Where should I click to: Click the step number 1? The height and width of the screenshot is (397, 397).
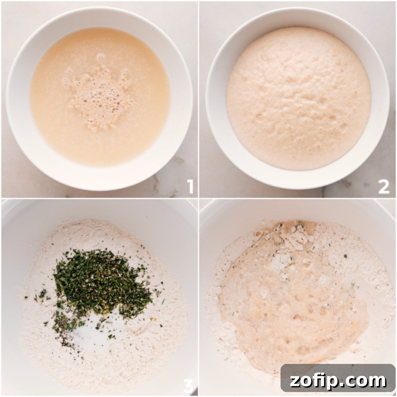pyautogui.click(x=190, y=187)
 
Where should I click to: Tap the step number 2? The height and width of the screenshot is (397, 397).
pyautogui.click(x=384, y=187)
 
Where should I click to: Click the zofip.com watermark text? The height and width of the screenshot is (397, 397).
pyautogui.click(x=338, y=380)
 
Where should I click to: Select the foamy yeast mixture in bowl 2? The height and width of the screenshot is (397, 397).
pyautogui.click(x=298, y=99)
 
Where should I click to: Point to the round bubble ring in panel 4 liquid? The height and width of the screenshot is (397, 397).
pyautogui.click(x=306, y=263)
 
